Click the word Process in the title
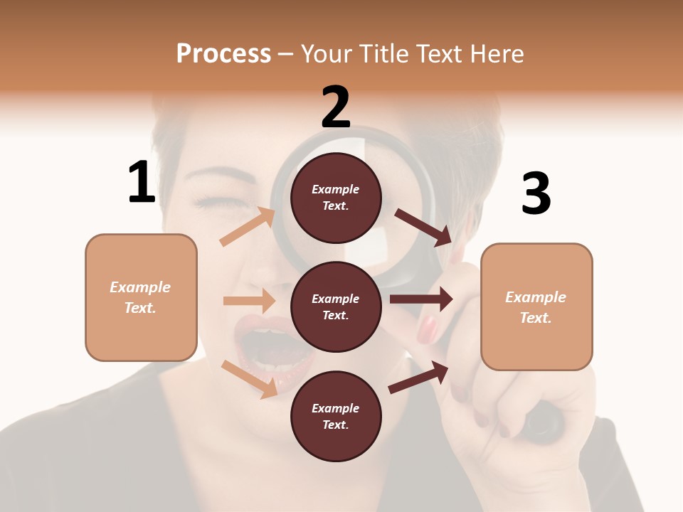(x=223, y=54)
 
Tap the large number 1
(x=142, y=183)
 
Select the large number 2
(x=336, y=107)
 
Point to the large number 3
(x=536, y=194)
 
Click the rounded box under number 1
(x=141, y=297)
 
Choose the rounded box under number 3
(x=536, y=306)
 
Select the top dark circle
(x=336, y=198)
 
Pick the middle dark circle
(x=336, y=306)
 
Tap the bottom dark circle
(x=336, y=416)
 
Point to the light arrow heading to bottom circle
(x=249, y=378)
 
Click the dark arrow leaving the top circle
(x=423, y=227)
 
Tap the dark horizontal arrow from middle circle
(x=421, y=299)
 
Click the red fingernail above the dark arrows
(x=427, y=329)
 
